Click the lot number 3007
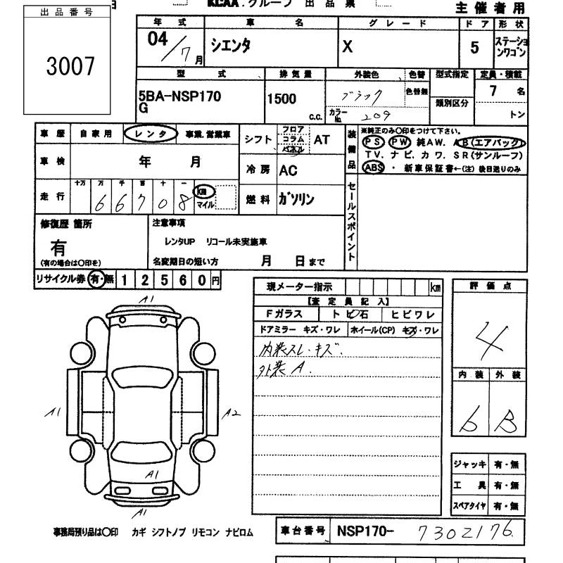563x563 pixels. tap(70, 67)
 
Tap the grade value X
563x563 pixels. tap(347, 48)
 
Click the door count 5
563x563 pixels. tap(474, 48)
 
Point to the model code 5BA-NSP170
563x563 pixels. tap(180, 97)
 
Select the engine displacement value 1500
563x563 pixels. tap(281, 99)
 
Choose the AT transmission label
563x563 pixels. tap(321, 140)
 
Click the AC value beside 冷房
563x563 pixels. tap(288, 170)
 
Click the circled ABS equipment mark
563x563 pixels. tap(373, 167)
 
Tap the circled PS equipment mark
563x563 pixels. tap(374, 142)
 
